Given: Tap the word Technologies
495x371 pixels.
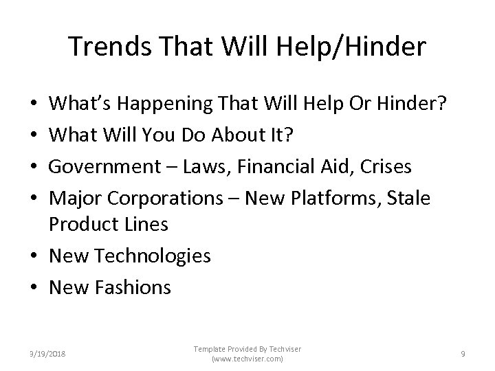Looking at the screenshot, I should click(x=152, y=256).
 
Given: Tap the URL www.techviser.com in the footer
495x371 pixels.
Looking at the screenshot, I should click(x=247, y=359).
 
